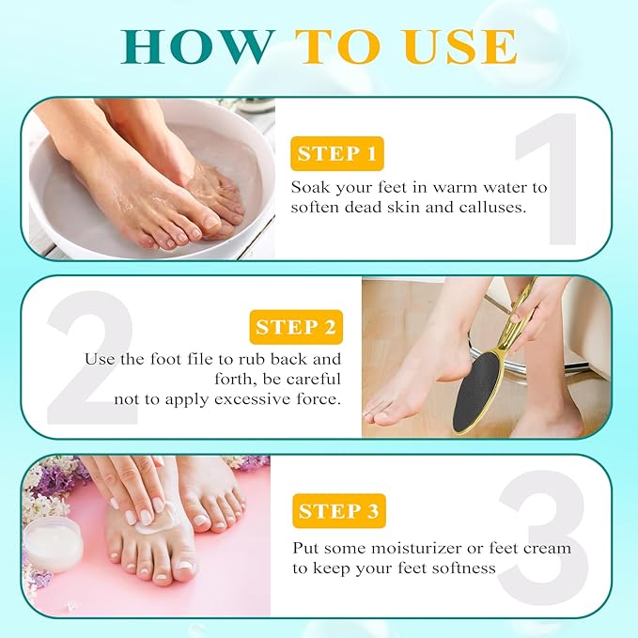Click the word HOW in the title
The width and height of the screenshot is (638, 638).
(x=196, y=47)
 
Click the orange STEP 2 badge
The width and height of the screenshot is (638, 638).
(x=296, y=327)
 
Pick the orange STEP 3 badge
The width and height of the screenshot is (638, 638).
(x=338, y=511)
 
